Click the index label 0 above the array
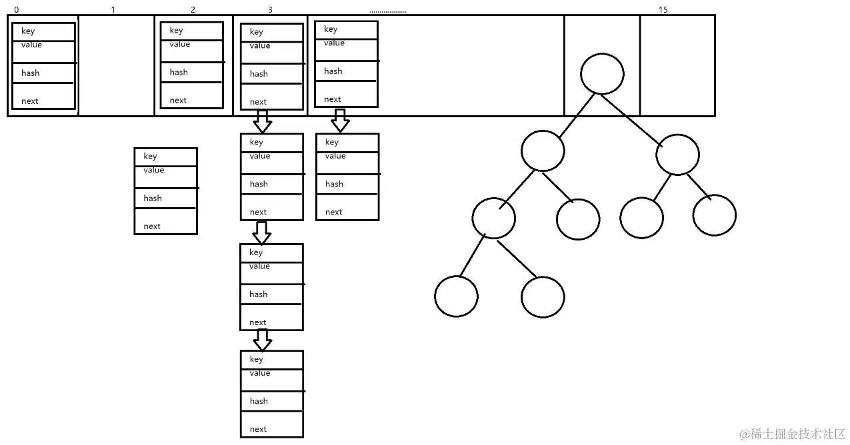pyautogui.click(x=16, y=10)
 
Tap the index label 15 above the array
pyautogui.click(x=663, y=10)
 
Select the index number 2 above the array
pyautogui.click(x=193, y=10)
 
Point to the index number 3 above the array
pyautogui.click(x=270, y=10)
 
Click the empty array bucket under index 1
pyautogui.click(x=116, y=65)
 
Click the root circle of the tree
pyautogui.click(x=602, y=73)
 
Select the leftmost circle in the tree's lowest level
pyautogui.click(x=456, y=296)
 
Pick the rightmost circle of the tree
pyautogui.click(x=714, y=215)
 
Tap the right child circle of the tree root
pyautogui.click(x=677, y=154)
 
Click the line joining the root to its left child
pyautogui.click(x=577, y=116)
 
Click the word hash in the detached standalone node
pyautogui.click(x=153, y=199)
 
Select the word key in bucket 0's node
pyautogui.click(x=28, y=31)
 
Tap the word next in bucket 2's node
pyautogui.click(x=178, y=101)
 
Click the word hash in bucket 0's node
pyautogui.click(x=31, y=73)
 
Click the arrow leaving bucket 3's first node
pyautogui.click(x=263, y=121)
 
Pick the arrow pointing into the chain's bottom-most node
pyautogui.click(x=263, y=340)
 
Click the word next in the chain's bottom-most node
pyautogui.click(x=258, y=430)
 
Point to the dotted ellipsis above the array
pyautogui.click(x=388, y=11)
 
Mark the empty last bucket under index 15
pyautogui.click(x=677, y=65)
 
